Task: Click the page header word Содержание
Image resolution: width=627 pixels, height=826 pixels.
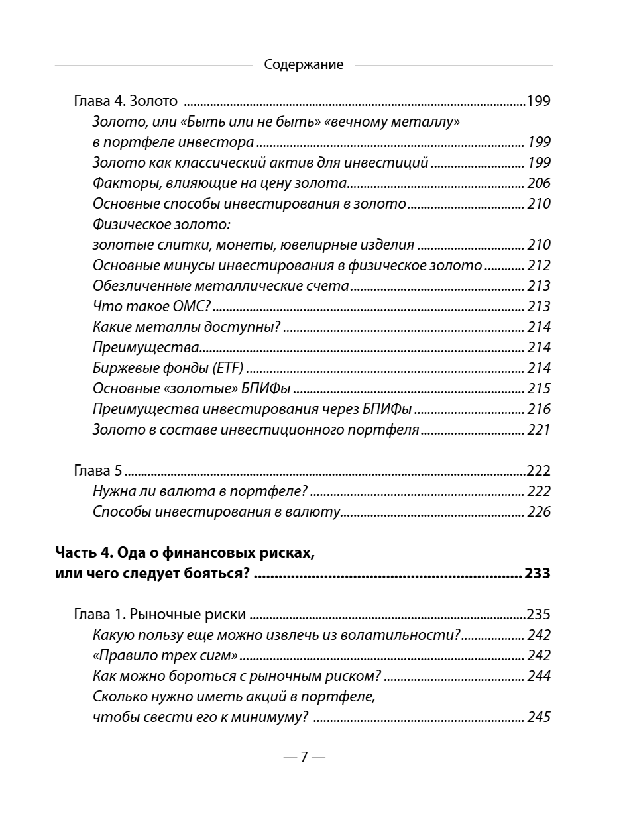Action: pos(304,65)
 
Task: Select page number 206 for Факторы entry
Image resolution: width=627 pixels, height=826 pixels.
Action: pos(539,183)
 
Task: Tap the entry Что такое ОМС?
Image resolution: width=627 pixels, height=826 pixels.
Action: pos(151,307)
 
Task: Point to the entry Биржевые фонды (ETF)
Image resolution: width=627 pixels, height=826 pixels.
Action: pos(168,368)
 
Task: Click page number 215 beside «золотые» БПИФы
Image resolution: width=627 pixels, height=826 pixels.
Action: pos(539,389)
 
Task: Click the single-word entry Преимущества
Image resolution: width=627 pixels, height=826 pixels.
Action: pos(146,348)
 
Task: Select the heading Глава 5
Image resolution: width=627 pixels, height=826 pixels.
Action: pos(97,471)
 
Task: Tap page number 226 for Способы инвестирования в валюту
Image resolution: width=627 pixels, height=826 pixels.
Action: pos(539,512)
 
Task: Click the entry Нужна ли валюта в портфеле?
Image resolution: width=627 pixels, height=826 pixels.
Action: pos(199,491)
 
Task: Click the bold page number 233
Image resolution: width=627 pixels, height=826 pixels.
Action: pos(537,574)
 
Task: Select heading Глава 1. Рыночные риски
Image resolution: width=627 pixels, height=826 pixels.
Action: pos(159,615)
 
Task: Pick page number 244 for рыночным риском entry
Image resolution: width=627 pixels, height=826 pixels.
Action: pos(539,676)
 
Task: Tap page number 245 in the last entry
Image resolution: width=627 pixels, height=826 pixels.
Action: pos(539,717)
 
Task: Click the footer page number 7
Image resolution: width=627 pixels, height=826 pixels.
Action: pos(304,757)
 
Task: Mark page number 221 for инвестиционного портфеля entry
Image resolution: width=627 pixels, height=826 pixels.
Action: pos(539,430)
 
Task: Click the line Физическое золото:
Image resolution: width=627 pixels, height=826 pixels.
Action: pos(165,225)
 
